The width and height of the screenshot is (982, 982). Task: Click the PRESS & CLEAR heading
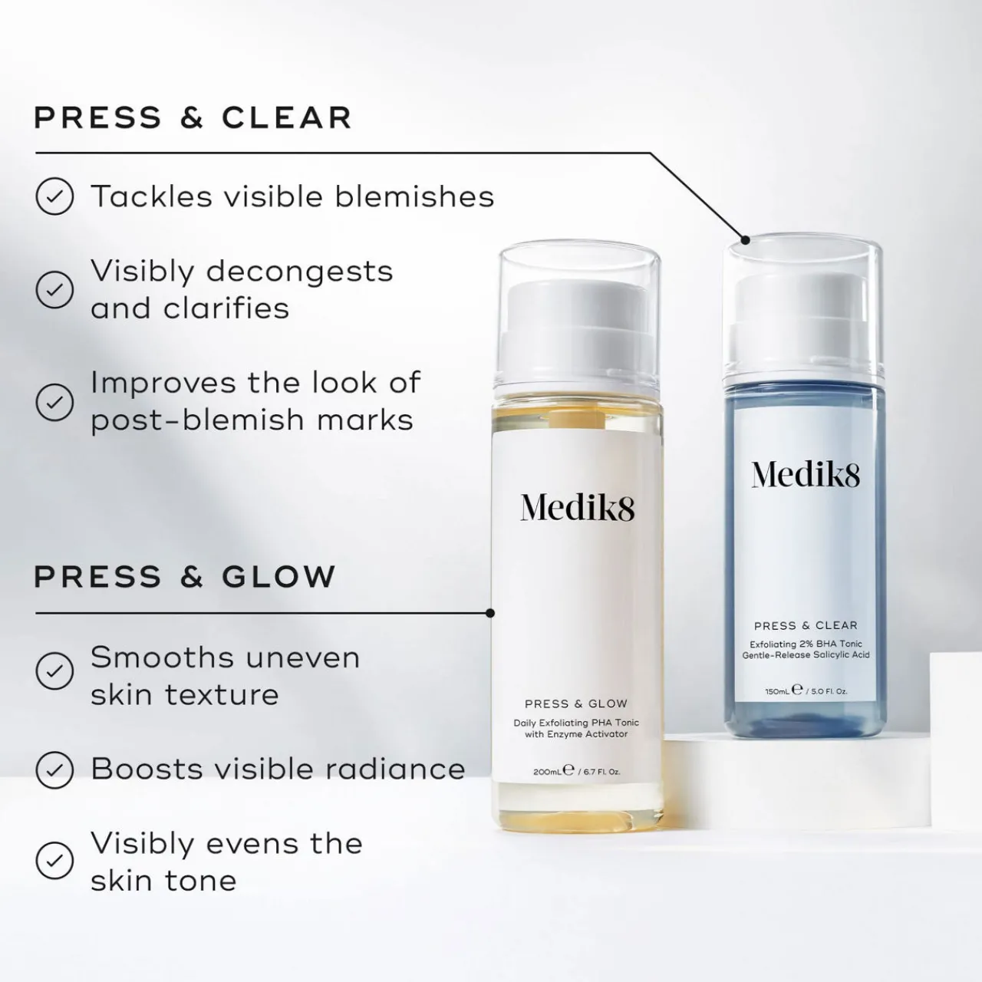pos(193,117)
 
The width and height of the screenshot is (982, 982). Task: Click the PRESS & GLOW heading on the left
pos(184,576)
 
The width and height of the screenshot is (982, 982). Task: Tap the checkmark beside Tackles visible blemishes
pos(54,196)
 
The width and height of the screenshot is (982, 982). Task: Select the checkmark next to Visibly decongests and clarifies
pos(54,289)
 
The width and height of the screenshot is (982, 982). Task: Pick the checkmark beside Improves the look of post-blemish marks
pos(54,402)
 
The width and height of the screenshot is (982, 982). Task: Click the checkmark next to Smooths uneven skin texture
pos(54,671)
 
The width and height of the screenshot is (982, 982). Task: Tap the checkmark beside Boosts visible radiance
pos(54,770)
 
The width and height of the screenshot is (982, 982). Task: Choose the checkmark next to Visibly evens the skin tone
pos(54,861)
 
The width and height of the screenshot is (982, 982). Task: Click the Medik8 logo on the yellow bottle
pos(578,508)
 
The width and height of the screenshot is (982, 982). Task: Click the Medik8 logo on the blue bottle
pos(806,474)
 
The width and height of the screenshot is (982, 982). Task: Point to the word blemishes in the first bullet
pos(414,196)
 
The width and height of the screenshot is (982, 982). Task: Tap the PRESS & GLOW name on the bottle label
pos(576,704)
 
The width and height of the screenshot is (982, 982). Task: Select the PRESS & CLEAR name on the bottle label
pos(806,625)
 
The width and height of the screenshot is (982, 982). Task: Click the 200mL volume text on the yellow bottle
pos(547,772)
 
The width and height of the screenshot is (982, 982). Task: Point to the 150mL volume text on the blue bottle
pos(776,691)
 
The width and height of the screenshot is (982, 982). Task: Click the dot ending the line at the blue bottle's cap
pos(745,239)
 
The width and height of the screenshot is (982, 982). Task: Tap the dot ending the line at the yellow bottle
pos(490,613)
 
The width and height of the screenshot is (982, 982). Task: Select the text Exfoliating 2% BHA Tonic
pos(806,644)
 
